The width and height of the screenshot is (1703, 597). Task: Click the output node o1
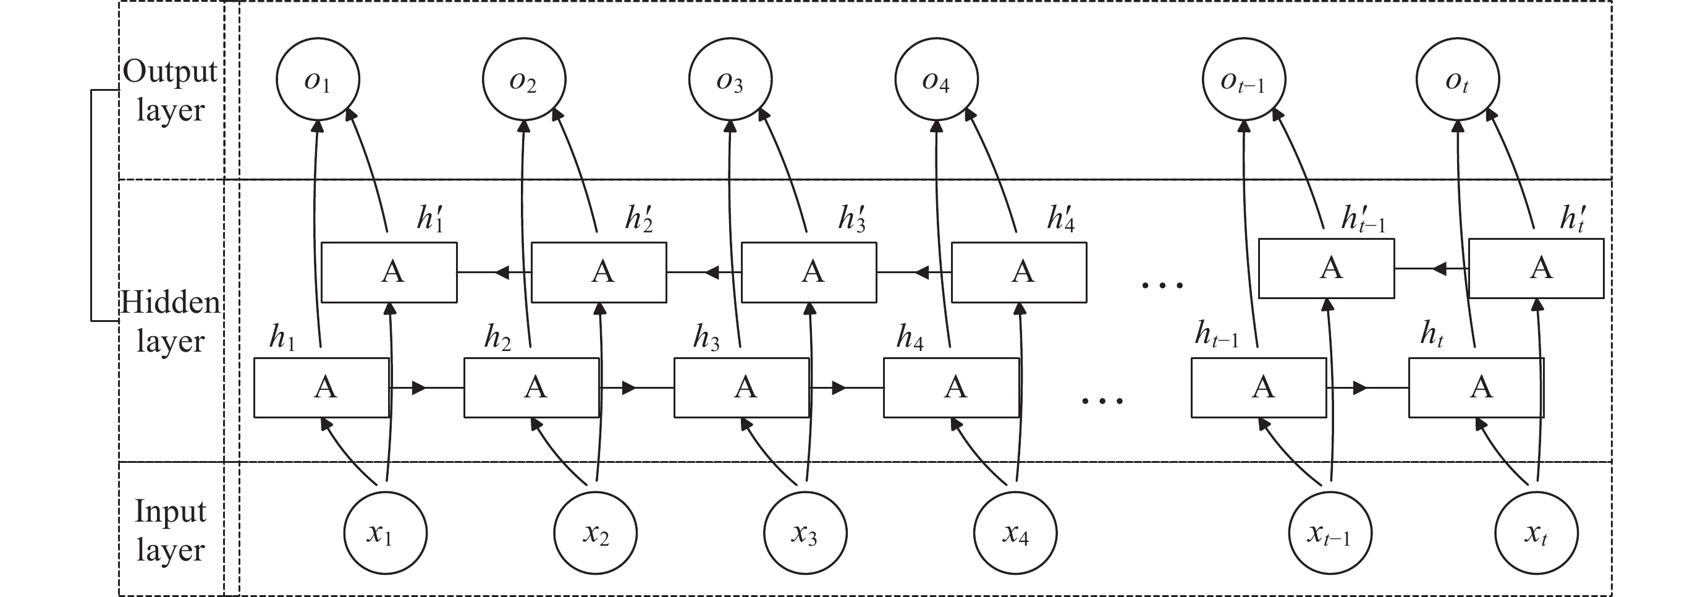318,79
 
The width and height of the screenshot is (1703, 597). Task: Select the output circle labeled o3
730,79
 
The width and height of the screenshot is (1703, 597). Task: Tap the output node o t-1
1243,79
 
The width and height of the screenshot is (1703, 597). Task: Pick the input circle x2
595,533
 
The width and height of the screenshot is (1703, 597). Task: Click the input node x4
1015,533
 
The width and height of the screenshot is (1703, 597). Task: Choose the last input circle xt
1536,533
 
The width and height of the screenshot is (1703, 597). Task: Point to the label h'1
429,218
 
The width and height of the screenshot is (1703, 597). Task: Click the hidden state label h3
706,338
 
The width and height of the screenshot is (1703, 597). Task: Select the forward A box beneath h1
322,387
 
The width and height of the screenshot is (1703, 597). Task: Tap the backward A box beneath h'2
599,273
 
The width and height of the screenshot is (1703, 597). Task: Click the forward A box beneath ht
1476,387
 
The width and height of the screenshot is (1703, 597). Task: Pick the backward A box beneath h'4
1019,273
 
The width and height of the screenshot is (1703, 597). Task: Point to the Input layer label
171,530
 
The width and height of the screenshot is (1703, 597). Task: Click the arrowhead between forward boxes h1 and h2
419,387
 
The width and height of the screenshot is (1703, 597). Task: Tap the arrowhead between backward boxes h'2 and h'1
502,272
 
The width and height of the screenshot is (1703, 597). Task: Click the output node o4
936,79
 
